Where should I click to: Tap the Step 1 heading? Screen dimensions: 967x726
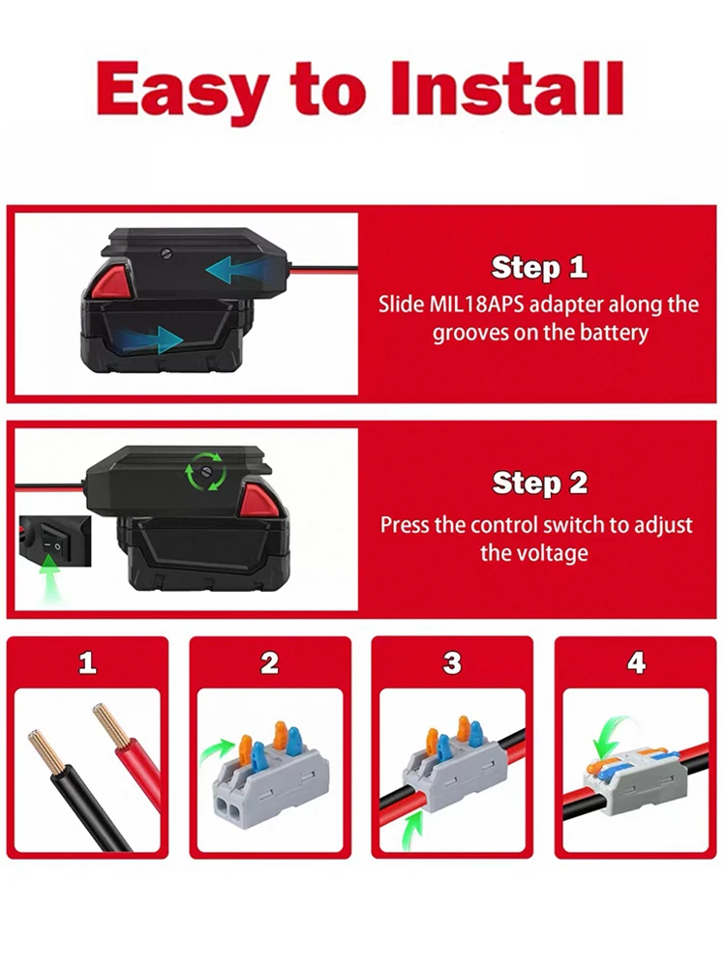(x=539, y=267)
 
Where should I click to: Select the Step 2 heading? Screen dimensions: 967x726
(x=539, y=483)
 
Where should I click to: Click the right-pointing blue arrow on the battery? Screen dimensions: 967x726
(x=155, y=339)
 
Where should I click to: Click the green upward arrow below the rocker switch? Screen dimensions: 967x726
(x=49, y=584)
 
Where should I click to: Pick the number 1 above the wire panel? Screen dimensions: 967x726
(x=88, y=662)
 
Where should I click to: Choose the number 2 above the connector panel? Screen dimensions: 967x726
(x=269, y=662)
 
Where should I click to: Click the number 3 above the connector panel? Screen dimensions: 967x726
(x=452, y=662)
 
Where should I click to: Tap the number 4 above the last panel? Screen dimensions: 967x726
(x=635, y=662)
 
